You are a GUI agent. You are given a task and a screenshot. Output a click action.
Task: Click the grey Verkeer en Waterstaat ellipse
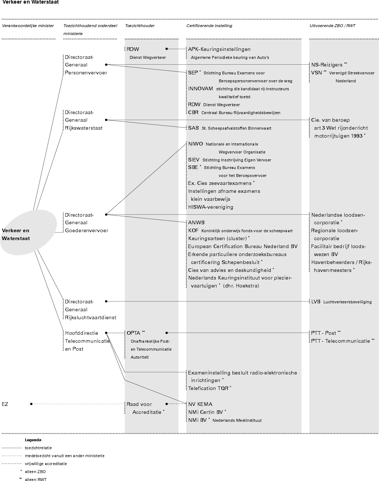coord(28,232)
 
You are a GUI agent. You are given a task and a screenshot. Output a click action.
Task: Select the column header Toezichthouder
coord(140,26)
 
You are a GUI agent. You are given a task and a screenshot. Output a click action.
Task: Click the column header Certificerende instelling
coord(209,26)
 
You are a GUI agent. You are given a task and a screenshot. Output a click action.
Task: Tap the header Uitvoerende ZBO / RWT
coord(332,26)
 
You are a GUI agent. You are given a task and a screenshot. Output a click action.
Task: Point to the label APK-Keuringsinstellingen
coord(219,49)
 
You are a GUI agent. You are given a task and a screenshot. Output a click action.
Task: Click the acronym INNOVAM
coord(200,88)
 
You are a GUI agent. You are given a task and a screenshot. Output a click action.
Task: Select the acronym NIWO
coord(195,144)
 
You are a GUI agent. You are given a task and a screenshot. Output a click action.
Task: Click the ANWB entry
coord(196,222)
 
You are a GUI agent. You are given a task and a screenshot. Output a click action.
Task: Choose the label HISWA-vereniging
coord(210,207)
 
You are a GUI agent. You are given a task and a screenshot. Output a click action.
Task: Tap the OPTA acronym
coord(133,333)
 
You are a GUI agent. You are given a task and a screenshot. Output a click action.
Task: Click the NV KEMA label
coord(200,404)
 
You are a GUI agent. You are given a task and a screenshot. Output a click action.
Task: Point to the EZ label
coord(5,404)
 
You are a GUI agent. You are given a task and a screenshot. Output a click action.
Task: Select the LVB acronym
coord(316,302)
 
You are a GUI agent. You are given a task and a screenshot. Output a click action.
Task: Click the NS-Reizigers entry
coord(327,65)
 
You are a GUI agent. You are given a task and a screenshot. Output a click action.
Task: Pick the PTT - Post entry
coord(323,333)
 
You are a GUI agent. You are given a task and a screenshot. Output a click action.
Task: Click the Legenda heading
coord(33,440)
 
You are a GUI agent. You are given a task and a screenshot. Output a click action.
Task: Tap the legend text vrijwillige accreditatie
coord(46,464)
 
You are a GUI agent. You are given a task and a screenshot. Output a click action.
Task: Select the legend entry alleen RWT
coord(36,480)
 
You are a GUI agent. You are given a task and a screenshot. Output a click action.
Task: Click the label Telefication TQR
coord(208,388)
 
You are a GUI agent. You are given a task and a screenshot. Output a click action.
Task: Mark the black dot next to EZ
coord(31,404)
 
